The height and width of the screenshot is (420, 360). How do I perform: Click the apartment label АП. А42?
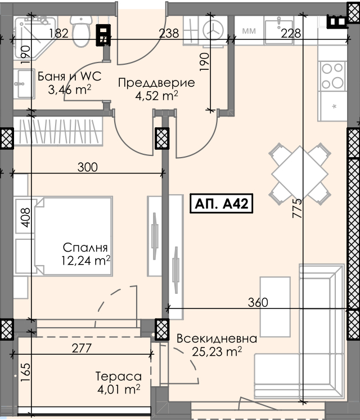point(222,204)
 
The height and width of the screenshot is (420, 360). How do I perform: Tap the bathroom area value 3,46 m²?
point(70,90)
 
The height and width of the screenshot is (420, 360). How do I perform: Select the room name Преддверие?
point(156,83)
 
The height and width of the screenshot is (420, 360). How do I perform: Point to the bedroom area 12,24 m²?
point(86,260)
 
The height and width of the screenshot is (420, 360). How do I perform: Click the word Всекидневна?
point(217,338)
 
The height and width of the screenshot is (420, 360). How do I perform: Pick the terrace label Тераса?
point(119,376)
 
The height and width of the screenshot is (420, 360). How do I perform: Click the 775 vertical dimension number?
point(297,208)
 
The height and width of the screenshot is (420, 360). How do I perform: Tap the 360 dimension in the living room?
point(258,302)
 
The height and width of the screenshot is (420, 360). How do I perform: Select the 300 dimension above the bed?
point(88,167)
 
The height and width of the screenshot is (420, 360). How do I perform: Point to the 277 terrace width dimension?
point(82,348)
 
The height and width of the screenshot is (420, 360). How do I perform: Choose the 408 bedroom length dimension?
point(26,217)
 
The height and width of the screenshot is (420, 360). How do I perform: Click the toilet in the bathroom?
point(80,31)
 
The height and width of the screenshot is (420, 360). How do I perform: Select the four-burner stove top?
point(332,75)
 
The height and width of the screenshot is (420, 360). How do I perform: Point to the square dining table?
point(300,174)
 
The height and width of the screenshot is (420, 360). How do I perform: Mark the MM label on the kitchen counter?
point(249,31)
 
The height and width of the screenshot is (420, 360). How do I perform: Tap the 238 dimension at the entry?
point(169,33)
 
